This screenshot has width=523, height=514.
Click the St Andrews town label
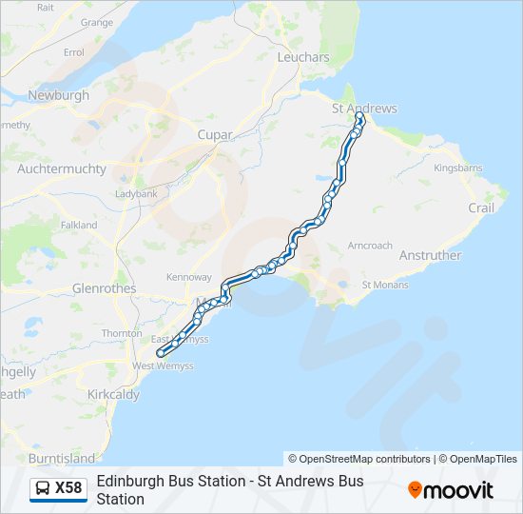pyautogui.click(x=364, y=109)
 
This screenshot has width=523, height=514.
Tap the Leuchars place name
pyautogui.click(x=302, y=57)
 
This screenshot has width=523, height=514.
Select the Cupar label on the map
pyautogui.click(x=215, y=135)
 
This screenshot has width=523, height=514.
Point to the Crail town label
pyautogui.click(x=481, y=208)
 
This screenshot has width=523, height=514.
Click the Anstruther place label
pyautogui.click(x=430, y=255)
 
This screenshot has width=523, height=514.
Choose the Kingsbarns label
pyautogui.click(x=458, y=168)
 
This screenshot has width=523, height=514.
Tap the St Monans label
pyautogui.click(x=385, y=285)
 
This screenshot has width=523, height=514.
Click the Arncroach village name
pyautogui.click(x=370, y=245)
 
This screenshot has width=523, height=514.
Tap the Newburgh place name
pyautogui.click(x=59, y=95)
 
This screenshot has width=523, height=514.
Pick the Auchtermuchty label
pyautogui.click(x=60, y=168)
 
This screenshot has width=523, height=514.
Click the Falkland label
pyautogui.click(x=79, y=226)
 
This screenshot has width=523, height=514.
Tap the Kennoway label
pyautogui.click(x=188, y=277)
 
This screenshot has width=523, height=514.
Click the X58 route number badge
pyautogui.click(x=68, y=489)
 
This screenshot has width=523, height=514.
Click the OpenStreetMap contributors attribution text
pyautogui.click(x=359, y=459)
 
